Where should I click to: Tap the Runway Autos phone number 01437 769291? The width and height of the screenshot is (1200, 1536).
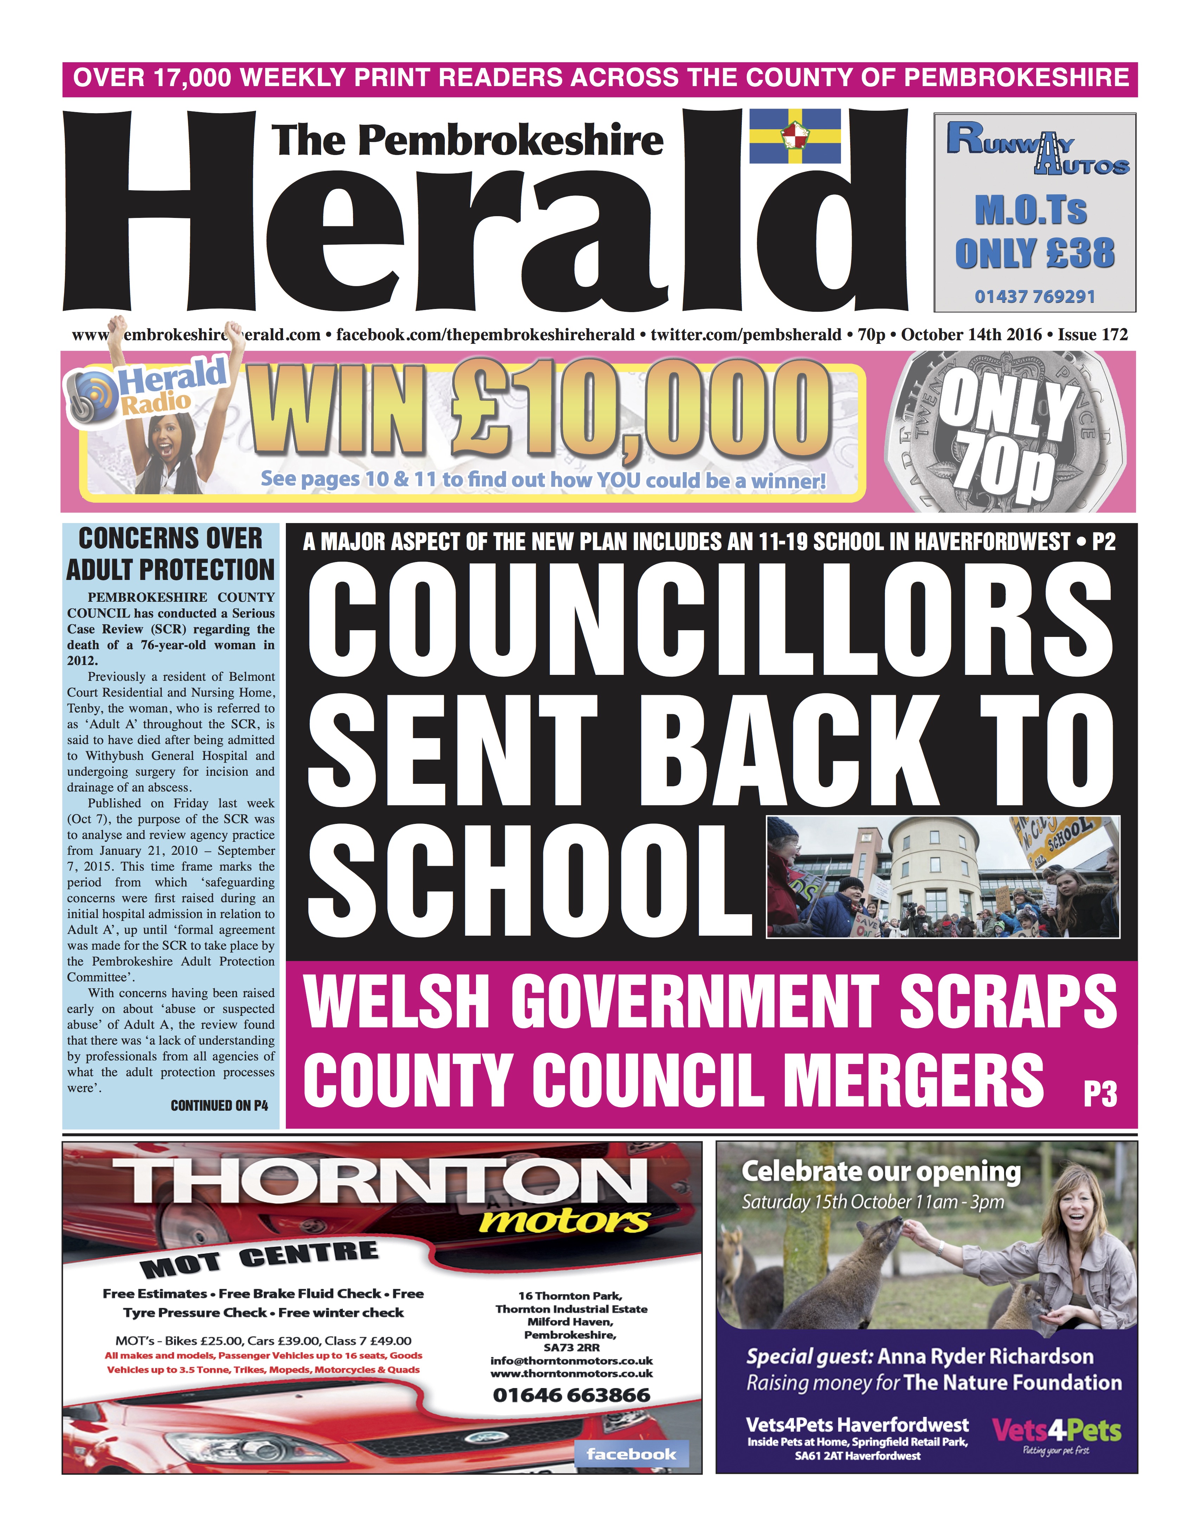coord(1035,296)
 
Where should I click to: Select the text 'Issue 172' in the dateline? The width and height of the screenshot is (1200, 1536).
coord(1092,335)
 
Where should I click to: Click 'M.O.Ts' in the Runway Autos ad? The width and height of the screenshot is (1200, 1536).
coord(1031,211)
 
